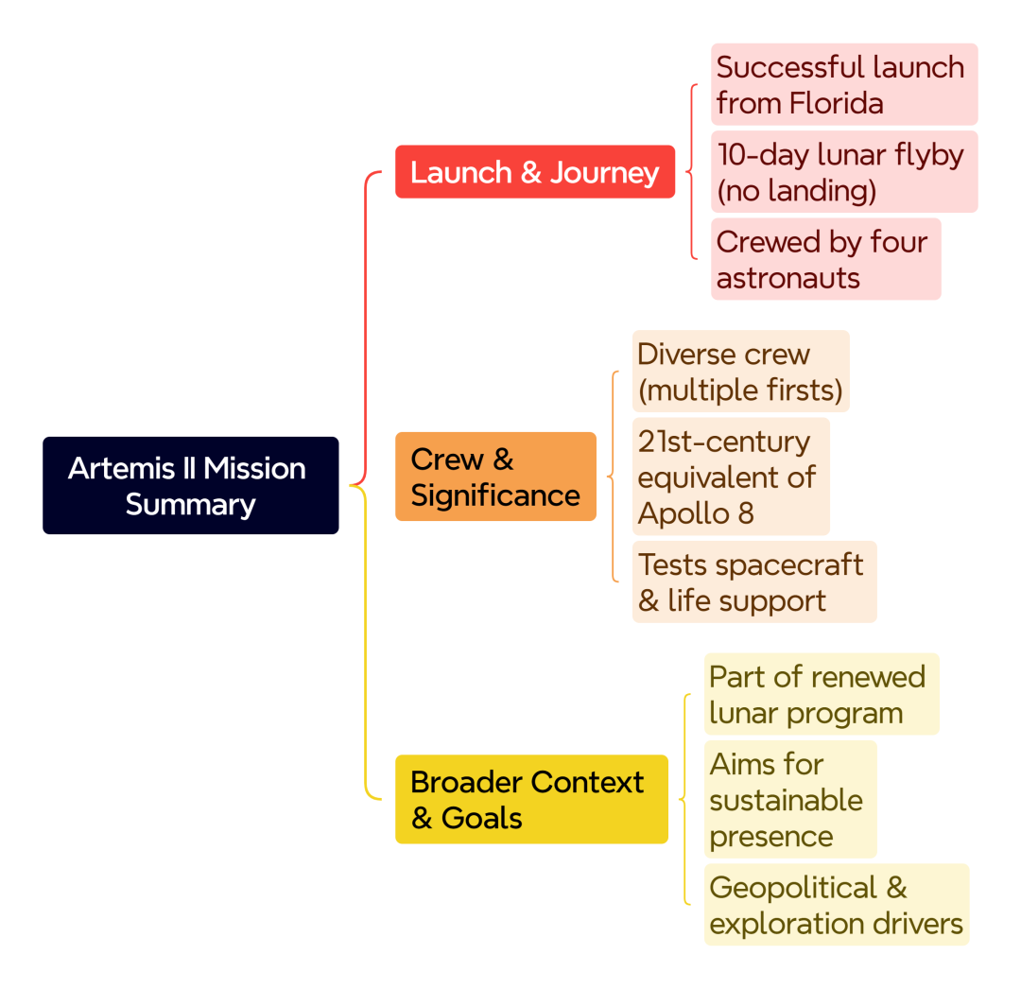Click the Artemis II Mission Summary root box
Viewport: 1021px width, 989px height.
pos(190,485)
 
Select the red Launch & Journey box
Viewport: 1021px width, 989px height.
pos(534,171)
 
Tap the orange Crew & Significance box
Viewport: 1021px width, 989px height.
pos(495,476)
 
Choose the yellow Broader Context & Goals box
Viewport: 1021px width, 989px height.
pos(531,799)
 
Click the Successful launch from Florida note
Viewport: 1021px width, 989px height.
pos(844,85)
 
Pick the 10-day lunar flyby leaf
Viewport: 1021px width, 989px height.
pos(844,172)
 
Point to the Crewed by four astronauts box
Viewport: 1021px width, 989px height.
pos(825,259)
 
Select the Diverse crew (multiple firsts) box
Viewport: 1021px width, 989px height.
pos(740,372)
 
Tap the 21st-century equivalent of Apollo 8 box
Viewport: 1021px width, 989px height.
pos(731,477)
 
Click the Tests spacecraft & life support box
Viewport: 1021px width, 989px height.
pos(754,582)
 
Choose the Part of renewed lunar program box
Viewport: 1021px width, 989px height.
pos(822,694)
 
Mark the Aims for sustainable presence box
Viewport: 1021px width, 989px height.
pos(790,800)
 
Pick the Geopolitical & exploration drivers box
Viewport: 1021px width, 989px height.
pos(837,905)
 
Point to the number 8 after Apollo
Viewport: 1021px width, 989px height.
pos(746,513)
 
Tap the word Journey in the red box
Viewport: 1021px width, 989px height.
pos(604,173)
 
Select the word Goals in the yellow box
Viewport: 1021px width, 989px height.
pos(481,819)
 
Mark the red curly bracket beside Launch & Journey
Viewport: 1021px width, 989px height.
pos(692,172)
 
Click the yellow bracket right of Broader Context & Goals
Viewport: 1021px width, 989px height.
pos(685,800)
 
